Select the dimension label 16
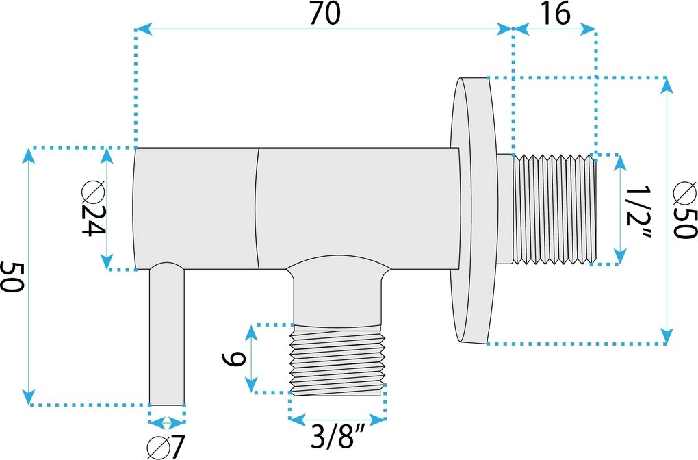point(554,14)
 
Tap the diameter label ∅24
point(92,209)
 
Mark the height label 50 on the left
point(12,276)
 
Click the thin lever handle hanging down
point(167,335)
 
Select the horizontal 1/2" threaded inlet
point(554,209)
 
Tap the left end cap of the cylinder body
point(136,208)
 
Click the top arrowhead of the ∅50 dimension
point(665,84)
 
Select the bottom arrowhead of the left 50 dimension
point(28,397)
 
